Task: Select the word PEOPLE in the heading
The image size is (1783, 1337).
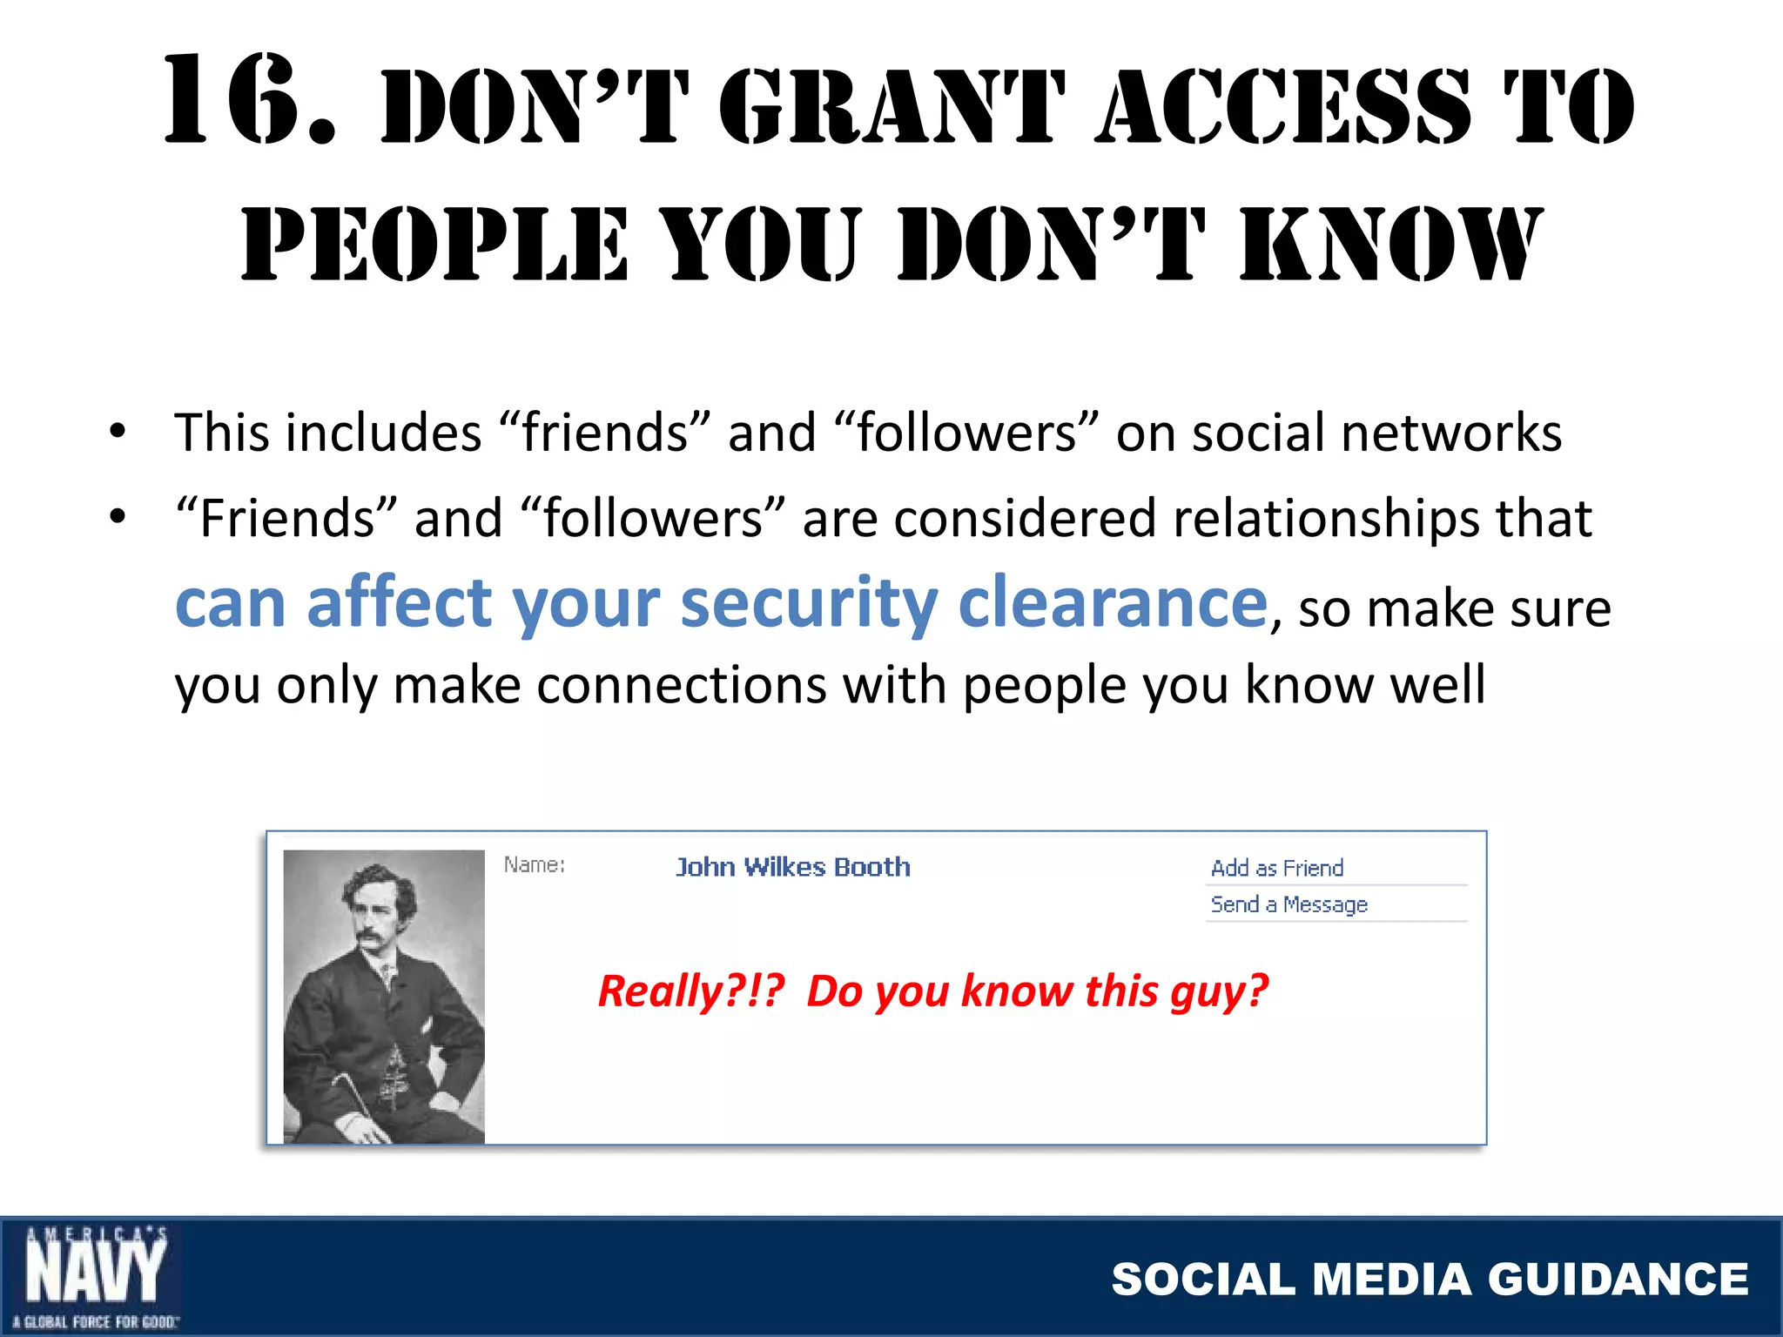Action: click(434, 245)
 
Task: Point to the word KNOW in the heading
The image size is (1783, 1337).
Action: click(1391, 245)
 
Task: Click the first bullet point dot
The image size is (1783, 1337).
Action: click(118, 431)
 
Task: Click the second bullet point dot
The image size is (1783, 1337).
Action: click(118, 516)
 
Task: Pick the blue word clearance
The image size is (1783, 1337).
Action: click(1113, 602)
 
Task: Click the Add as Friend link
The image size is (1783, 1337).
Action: click(1276, 868)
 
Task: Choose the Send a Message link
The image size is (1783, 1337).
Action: click(1288, 904)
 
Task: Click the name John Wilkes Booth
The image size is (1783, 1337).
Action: click(792, 867)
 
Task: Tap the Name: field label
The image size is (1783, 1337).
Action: click(535, 864)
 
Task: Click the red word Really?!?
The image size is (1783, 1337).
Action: click(691, 991)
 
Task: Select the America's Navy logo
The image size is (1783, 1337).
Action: click(94, 1277)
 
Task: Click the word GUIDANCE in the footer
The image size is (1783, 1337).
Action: click(1618, 1279)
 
